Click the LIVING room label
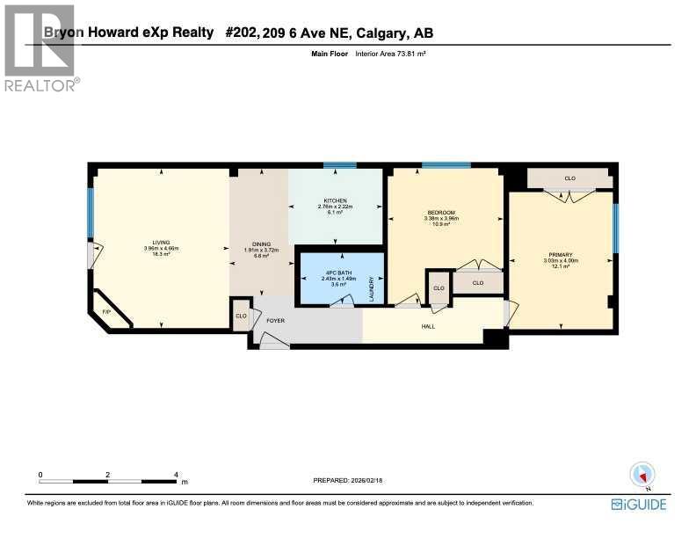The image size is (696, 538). pyautogui.click(x=161, y=242)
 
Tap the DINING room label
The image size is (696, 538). pyautogui.click(x=261, y=244)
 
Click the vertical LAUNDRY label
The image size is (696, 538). pyautogui.click(x=373, y=289)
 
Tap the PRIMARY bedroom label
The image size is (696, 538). pyautogui.click(x=560, y=255)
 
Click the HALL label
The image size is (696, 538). pyautogui.click(x=428, y=327)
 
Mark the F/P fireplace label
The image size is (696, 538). pyautogui.click(x=106, y=312)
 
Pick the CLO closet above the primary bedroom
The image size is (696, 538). pyautogui.click(x=569, y=178)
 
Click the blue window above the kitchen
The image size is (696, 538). pyautogui.click(x=339, y=165)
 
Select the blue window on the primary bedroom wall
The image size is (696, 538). pyautogui.click(x=615, y=228)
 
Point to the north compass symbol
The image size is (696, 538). pyautogui.click(x=642, y=474)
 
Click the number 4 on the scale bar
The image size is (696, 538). pyautogui.click(x=176, y=474)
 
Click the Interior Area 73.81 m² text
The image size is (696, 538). pyautogui.click(x=390, y=55)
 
